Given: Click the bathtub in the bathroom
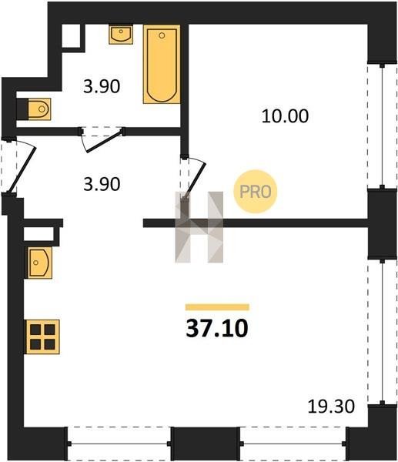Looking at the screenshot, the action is point(162,64).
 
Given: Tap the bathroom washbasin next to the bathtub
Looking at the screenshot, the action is point(121,35).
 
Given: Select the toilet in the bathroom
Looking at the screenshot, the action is point(39,109).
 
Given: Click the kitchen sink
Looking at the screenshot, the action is point(40,263).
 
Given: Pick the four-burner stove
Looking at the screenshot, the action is point(42,336).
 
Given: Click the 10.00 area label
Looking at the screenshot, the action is point(285,116).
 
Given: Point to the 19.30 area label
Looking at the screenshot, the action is point(331,407).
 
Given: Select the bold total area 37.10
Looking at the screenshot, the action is point(217,329).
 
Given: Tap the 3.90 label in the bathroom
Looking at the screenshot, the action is point(102,86).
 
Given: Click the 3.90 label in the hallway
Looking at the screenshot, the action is point(102,184).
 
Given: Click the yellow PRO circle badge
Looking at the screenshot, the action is point(256,192).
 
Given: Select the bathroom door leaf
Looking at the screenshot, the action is point(104,142).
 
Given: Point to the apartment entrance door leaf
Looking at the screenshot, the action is point(22,169).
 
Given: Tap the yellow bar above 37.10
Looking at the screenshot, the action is point(217,307).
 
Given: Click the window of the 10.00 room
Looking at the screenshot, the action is point(382,126).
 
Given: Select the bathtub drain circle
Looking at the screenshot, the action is point(162,35).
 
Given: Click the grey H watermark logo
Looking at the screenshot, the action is point(199,227).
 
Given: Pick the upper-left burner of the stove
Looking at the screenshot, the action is point(35,330).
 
